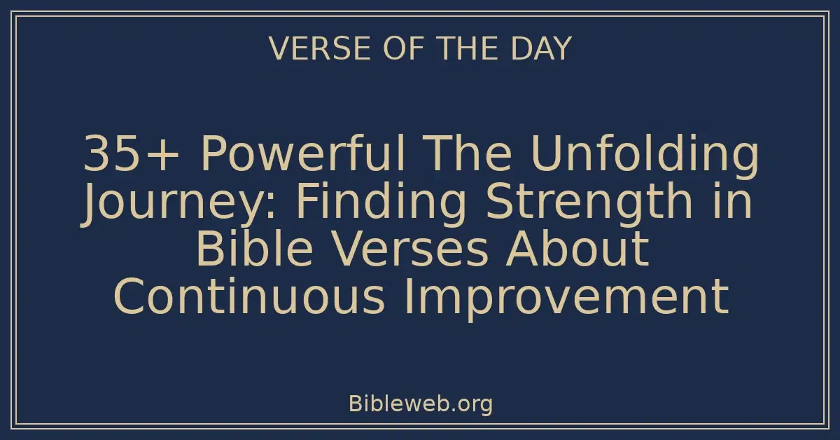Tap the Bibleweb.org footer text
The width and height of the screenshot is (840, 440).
pos(420,404)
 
